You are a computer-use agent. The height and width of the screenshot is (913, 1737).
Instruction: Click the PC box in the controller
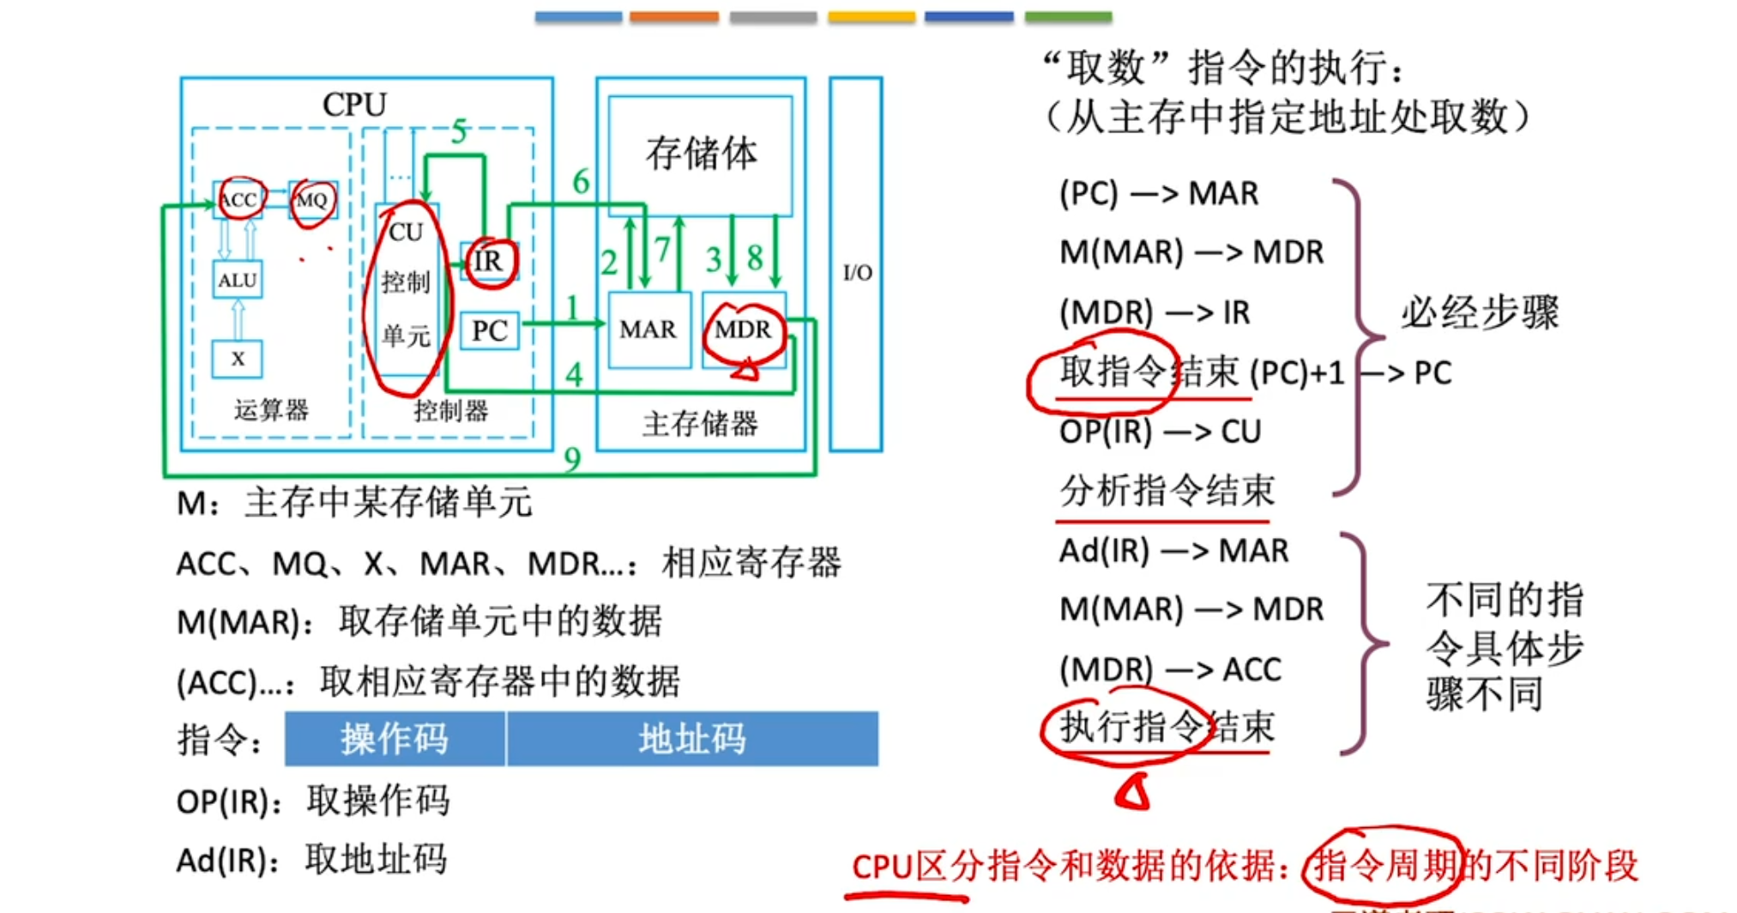click(490, 330)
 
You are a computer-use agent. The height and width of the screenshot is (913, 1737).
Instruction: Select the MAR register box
click(648, 330)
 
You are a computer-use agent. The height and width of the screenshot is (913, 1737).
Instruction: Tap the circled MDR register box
click(743, 330)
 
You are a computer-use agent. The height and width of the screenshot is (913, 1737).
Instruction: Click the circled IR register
click(489, 261)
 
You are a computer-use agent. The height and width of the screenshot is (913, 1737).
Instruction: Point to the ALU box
click(238, 280)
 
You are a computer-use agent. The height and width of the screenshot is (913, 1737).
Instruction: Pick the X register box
click(238, 359)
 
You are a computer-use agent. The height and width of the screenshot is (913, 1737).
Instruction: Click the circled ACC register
click(238, 200)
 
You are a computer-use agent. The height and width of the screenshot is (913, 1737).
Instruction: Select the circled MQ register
click(311, 200)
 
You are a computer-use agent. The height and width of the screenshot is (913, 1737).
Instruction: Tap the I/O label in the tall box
click(857, 273)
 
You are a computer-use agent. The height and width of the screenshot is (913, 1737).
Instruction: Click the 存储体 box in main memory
click(701, 154)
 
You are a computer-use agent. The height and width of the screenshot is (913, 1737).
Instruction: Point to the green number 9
click(572, 460)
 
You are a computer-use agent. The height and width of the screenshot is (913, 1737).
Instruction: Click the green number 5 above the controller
click(460, 131)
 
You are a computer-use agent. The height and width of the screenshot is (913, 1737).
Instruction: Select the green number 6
click(582, 182)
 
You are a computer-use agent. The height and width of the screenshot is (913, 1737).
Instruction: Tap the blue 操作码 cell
click(395, 739)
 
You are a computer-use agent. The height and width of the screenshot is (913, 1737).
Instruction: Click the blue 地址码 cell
click(692, 739)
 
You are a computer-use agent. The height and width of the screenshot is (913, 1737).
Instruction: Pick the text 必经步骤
click(1480, 312)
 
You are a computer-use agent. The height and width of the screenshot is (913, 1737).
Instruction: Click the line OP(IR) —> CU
click(1160, 432)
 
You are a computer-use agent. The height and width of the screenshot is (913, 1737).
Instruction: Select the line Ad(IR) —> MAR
click(1173, 550)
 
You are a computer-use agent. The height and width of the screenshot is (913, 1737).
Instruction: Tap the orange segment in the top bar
click(674, 16)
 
